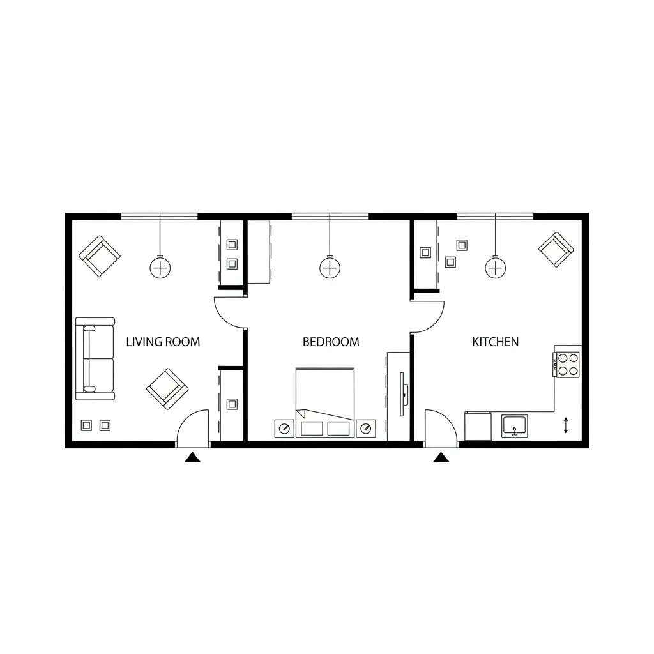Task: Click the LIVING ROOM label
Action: (163, 342)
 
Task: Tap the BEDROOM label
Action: (331, 342)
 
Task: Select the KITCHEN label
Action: (495, 342)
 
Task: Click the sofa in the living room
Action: (95, 359)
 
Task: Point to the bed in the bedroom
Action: (325, 402)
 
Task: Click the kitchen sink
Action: (515, 426)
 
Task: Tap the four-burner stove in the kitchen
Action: (567, 365)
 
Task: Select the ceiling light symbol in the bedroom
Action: (330, 268)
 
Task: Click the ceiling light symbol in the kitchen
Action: (496, 268)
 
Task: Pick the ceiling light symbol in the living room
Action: (160, 268)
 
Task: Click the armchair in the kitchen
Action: (556, 250)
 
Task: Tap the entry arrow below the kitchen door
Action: (441, 458)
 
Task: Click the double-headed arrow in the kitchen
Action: (566, 425)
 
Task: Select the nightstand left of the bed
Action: (284, 429)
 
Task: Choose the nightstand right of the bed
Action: (366, 429)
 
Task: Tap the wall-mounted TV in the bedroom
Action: (402, 394)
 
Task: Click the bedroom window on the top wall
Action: (330, 216)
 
